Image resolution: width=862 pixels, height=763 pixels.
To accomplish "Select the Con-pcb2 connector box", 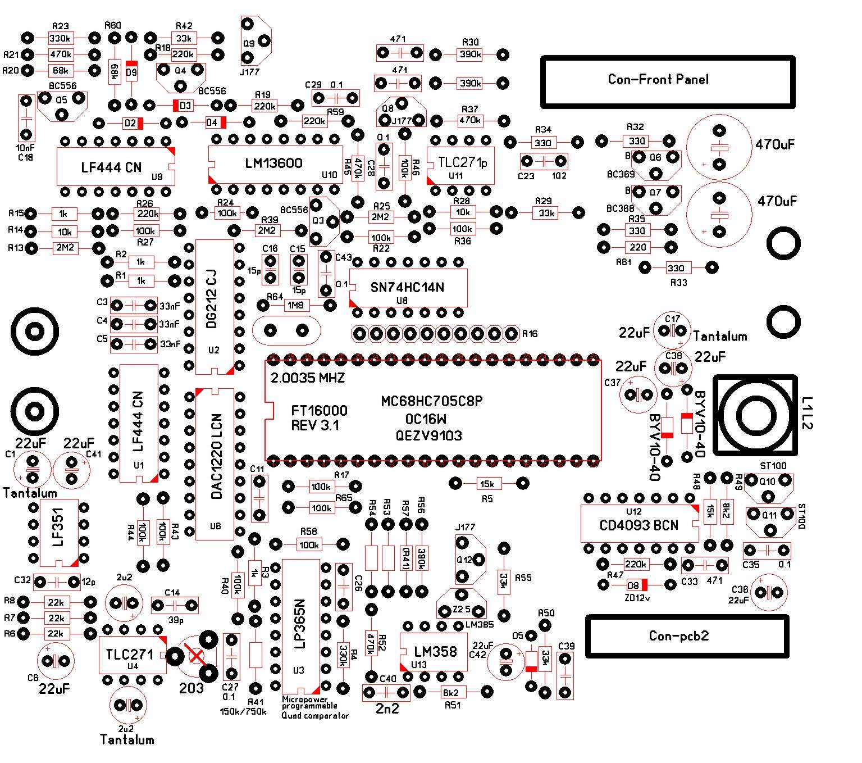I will point(687,636).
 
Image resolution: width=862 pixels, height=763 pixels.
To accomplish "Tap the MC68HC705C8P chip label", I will point(432,401).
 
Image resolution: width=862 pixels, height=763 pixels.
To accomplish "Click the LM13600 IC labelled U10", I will point(275,163).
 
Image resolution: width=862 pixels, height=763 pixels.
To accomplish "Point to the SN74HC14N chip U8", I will point(408,287).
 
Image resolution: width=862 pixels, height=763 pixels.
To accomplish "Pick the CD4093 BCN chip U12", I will point(639,525).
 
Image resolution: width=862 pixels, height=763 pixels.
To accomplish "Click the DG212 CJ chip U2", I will point(214,306).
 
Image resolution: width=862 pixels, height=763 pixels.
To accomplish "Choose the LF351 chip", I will point(58,532).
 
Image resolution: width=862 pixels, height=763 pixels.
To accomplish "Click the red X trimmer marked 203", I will point(196,655).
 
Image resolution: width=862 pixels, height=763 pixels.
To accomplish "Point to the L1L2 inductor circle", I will point(754,416).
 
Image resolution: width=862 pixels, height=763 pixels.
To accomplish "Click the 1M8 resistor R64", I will point(296,305).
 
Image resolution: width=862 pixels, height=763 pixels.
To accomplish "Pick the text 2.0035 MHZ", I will point(308,378).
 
